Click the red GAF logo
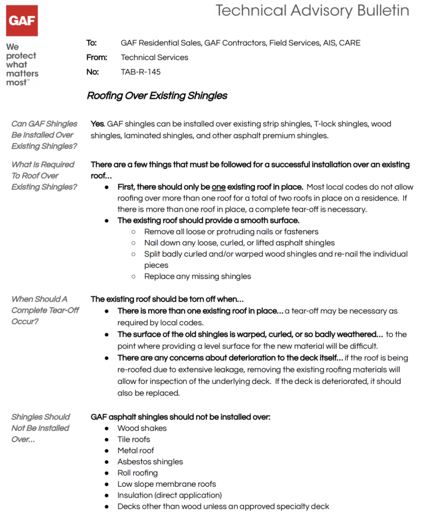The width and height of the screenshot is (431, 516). coord(22,21)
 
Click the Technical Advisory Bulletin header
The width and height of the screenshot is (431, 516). coord(313,11)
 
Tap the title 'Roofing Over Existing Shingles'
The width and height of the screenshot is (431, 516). coord(157,95)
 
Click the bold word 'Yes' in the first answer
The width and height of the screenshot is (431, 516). coord(98,124)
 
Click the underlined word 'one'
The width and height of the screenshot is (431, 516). coord(218,187)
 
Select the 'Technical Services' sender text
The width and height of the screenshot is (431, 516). coord(154,57)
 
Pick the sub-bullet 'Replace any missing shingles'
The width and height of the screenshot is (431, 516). coord(198,276)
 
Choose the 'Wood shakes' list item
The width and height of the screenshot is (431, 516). coord(142,428)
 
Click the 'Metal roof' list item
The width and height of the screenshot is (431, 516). coord(135,450)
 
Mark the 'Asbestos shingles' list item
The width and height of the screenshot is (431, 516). coord(150,462)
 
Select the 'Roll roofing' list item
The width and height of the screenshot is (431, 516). coord(137,473)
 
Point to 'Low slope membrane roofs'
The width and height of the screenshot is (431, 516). coord(167,484)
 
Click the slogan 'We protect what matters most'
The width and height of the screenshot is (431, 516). coord(22,65)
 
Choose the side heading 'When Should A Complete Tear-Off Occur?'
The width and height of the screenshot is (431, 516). coord(45,310)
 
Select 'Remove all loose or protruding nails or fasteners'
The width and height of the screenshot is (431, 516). coord(231,231)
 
